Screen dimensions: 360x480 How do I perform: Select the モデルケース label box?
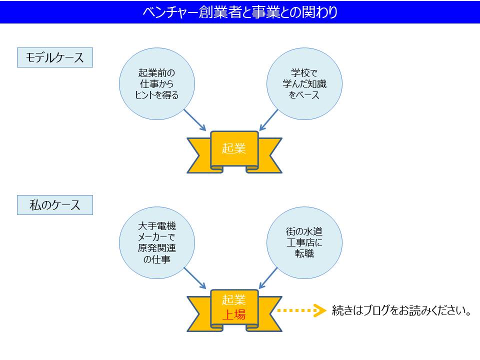click(55, 57)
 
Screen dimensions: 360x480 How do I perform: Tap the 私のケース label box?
click(55, 205)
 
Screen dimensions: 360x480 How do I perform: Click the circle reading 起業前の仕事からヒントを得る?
click(156, 83)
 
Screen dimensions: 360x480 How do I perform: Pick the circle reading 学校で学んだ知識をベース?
click(304, 83)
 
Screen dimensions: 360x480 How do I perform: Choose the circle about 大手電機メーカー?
click(156, 241)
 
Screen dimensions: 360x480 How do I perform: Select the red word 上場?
click(234, 314)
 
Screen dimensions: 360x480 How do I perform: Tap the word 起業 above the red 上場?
click(234, 300)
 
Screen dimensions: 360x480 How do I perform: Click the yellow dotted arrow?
click(298, 310)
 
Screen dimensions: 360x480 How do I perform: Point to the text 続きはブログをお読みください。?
click(402, 311)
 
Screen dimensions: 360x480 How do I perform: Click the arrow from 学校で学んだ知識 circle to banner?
click(268, 120)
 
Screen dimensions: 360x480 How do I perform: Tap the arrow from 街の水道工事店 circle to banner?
click(268, 277)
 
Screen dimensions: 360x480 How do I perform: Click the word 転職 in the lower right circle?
click(304, 253)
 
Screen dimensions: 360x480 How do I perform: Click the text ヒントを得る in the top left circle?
click(156, 94)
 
